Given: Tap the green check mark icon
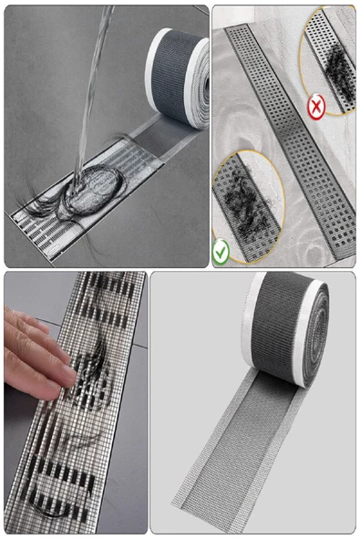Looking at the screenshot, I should pyautogui.click(x=221, y=253).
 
